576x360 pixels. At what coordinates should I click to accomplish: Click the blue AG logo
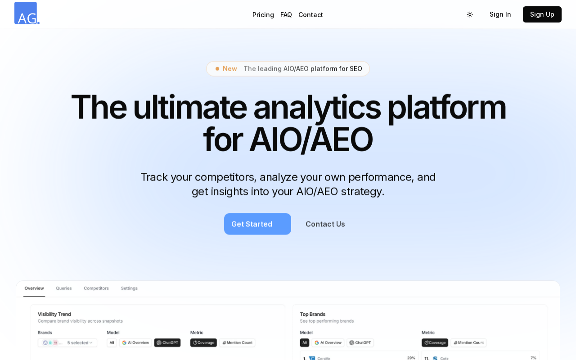pos(27,13)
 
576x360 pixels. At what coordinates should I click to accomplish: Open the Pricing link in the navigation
pos(263,15)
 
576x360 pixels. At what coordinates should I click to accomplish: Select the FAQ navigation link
pos(286,15)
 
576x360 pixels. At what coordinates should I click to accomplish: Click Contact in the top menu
pos(310,15)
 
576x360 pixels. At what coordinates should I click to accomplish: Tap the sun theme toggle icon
pos(470,14)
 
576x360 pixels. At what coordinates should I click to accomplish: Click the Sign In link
pos(500,14)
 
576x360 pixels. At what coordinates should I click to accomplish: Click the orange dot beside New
pos(217,69)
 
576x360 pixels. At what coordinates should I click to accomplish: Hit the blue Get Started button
pos(257,224)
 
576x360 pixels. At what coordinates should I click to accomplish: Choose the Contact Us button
pos(325,224)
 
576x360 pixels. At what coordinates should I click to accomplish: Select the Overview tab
pos(34,288)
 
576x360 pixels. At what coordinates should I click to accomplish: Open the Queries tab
pos(64,288)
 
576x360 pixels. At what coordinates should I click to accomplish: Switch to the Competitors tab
pos(96,288)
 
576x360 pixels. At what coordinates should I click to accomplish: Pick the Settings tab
pos(129,288)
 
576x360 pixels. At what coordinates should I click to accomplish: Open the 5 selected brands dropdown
pos(67,343)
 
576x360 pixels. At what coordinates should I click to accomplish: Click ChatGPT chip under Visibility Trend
pos(167,343)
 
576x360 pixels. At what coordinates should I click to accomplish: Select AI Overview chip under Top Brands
pos(328,343)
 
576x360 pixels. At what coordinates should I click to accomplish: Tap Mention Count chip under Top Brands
pos(468,343)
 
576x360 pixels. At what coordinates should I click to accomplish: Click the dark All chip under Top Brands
pos(305,343)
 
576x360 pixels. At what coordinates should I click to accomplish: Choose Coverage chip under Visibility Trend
pos(204,343)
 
